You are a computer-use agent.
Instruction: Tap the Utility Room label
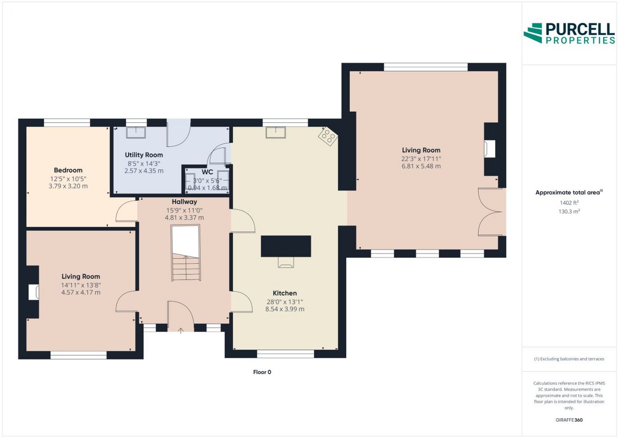pos(144,155)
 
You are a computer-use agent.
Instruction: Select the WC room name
pos(207,172)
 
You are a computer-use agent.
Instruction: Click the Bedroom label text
pos(68,170)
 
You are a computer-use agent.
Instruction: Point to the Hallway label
pos(184,202)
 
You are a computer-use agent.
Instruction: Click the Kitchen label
pos(285,293)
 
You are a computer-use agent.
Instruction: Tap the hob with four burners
pos(328,136)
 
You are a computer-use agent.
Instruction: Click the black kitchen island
pos(286,246)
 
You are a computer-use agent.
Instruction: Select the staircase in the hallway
pos(186,253)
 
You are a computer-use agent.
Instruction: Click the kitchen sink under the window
pos(276,133)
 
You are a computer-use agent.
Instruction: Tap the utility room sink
pos(136,133)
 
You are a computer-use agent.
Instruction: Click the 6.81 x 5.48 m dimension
pos(421,166)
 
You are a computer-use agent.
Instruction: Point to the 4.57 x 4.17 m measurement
pos(81,292)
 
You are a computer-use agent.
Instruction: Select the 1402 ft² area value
pos(569,203)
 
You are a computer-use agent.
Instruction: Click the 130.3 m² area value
pos(569,211)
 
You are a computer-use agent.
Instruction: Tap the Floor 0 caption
pos(262,372)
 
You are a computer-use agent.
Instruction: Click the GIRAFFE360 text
pos(569,420)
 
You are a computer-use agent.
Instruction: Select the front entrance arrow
pos(181,331)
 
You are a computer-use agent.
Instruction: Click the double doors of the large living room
pos(490,212)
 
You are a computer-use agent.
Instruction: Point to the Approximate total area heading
pos(569,193)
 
